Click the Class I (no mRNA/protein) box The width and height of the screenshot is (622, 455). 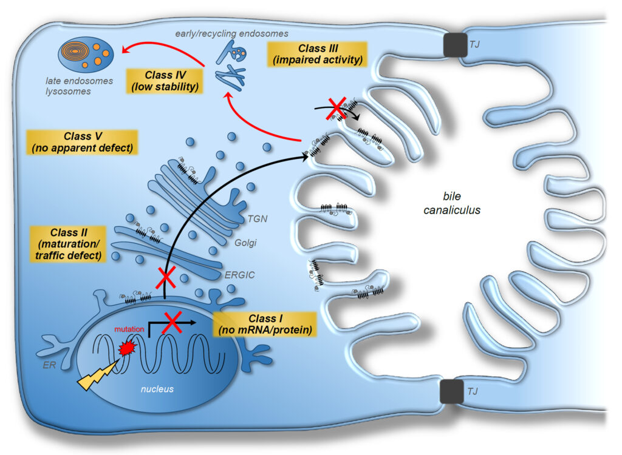pos(265,325)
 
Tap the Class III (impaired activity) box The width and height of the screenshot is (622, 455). pos(316,53)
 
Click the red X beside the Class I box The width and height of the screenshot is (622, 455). pos(173,322)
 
